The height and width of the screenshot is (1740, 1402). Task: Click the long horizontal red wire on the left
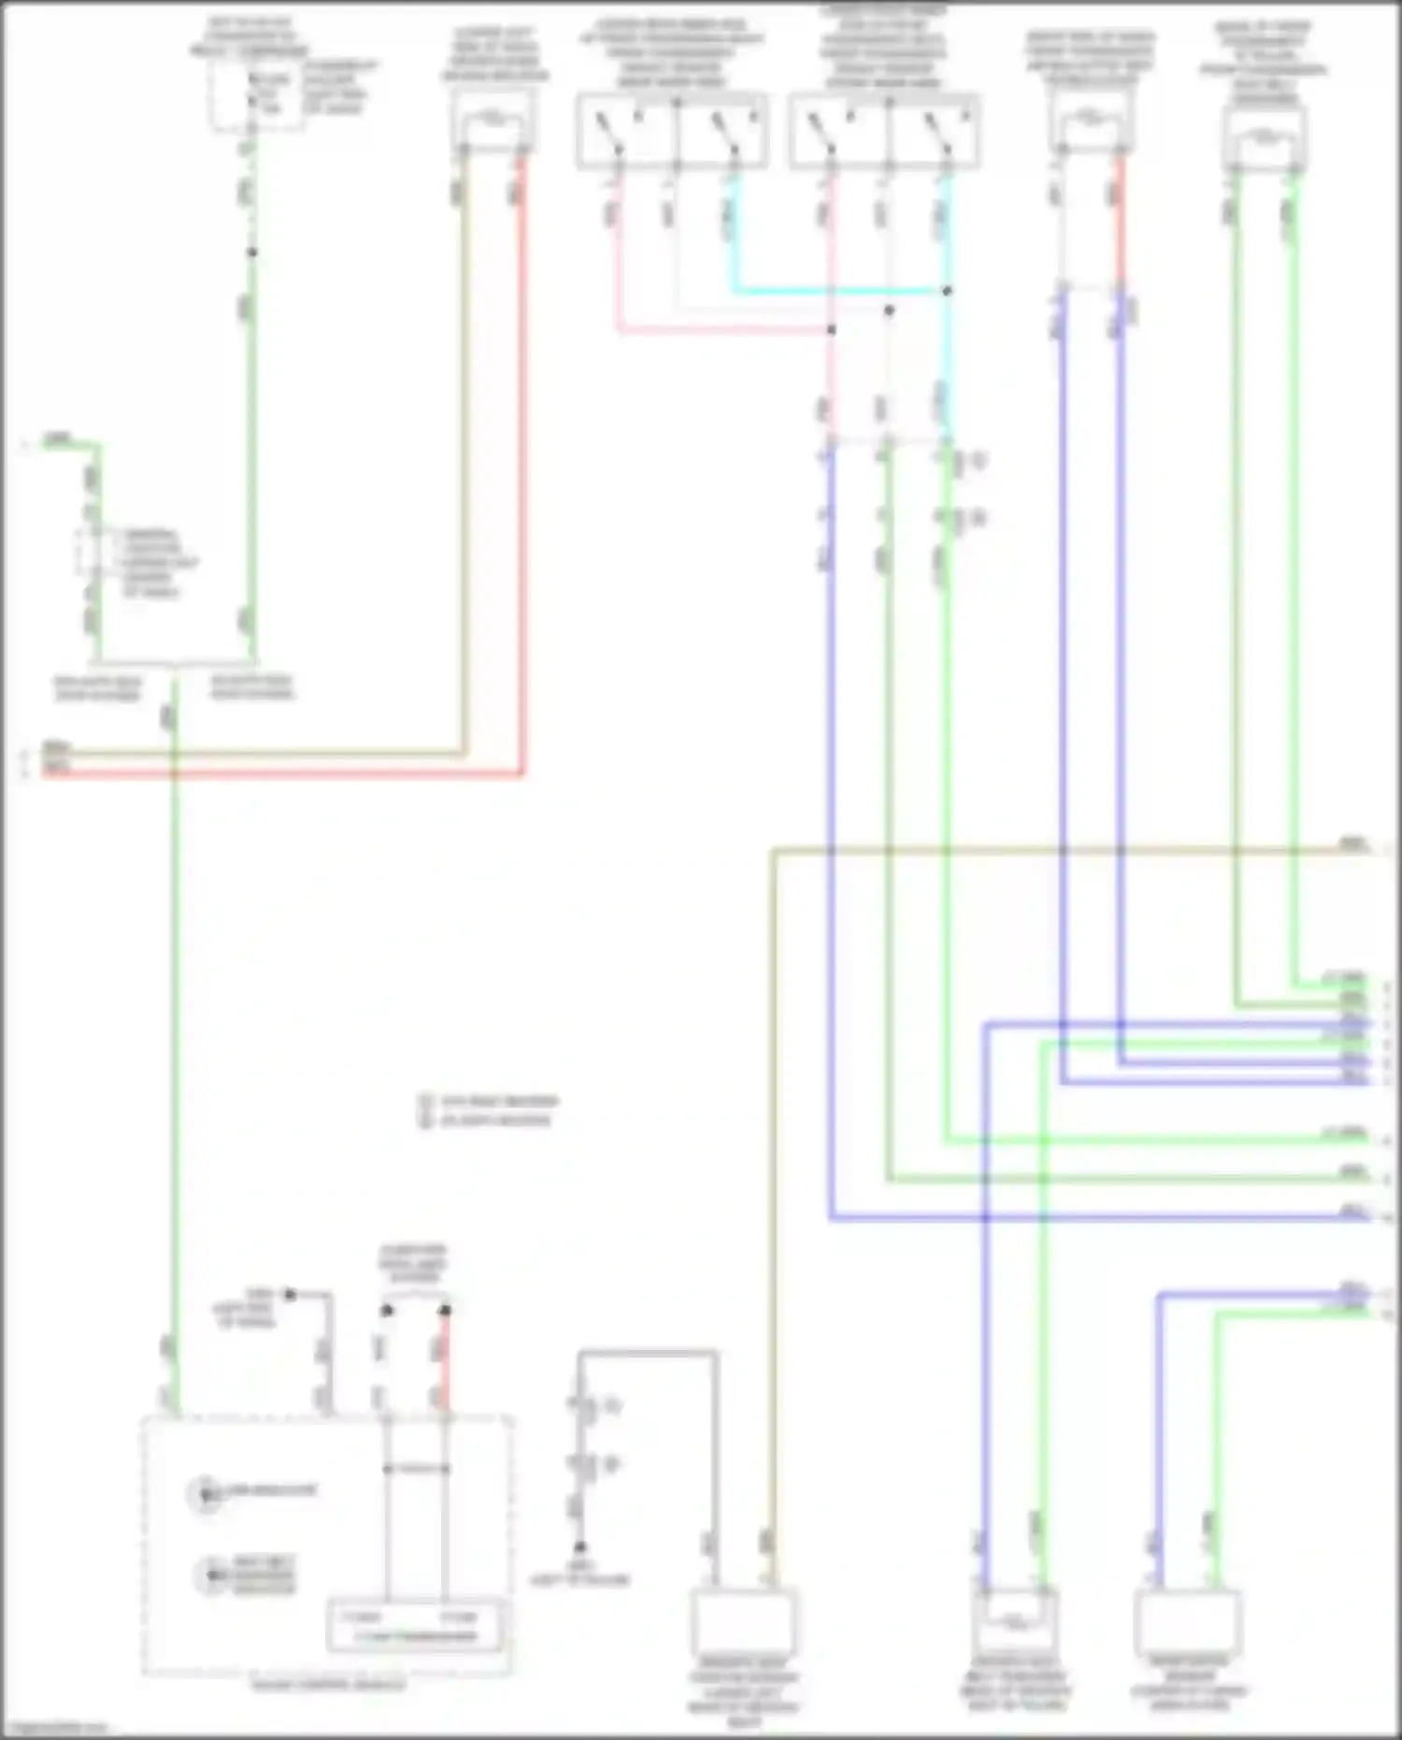click(x=280, y=774)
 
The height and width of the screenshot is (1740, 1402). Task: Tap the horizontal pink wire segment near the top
click(x=720, y=329)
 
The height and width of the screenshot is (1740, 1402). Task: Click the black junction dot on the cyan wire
click(x=947, y=292)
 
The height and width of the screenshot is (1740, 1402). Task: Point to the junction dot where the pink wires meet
click(x=831, y=329)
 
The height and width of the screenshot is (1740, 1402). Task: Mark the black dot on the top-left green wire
click(x=250, y=252)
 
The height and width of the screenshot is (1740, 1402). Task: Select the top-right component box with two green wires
click(x=1264, y=138)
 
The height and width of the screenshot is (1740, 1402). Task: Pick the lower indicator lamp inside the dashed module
click(x=211, y=1575)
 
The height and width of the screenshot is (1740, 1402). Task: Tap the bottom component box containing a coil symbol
click(x=1014, y=1622)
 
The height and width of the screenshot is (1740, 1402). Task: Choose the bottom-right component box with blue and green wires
click(x=1188, y=1622)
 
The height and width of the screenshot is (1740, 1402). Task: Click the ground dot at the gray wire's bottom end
click(x=579, y=1547)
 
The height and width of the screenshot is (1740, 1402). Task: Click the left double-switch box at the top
click(x=673, y=131)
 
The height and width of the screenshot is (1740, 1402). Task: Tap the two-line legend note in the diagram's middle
click(x=488, y=1111)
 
